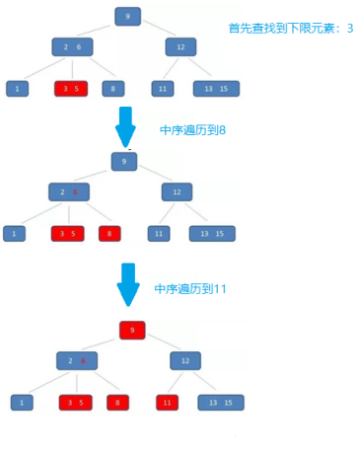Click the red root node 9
(x=132, y=330)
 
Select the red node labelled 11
(x=168, y=403)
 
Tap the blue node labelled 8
(x=113, y=89)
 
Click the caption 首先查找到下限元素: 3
(x=289, y=29)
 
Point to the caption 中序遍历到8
(x=192, y=130)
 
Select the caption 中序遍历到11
(x=190, y=289)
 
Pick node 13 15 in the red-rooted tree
(x=221, y=403)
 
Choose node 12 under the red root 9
(x=184, y=360)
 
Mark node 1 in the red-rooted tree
(x=22, y=403)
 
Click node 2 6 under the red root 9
(x=76, y=360)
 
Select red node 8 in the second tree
(x=109, y=234)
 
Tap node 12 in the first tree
(x=180, y=46)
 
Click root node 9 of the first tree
(x=127, y=16)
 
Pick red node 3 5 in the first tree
(x=71, y=89)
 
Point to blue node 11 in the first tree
(x=163, y=89)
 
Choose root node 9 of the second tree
(x=123, y=161)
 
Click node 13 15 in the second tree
(x=212, y=234)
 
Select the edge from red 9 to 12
(x=160, y=344)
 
